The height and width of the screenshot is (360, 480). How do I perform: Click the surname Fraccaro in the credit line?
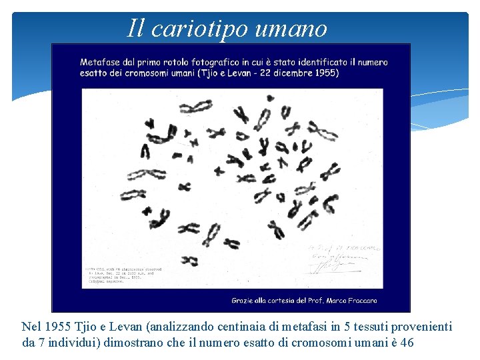(x=358, y=300)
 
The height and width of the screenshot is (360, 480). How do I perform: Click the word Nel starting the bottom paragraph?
(x=31, y=327)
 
